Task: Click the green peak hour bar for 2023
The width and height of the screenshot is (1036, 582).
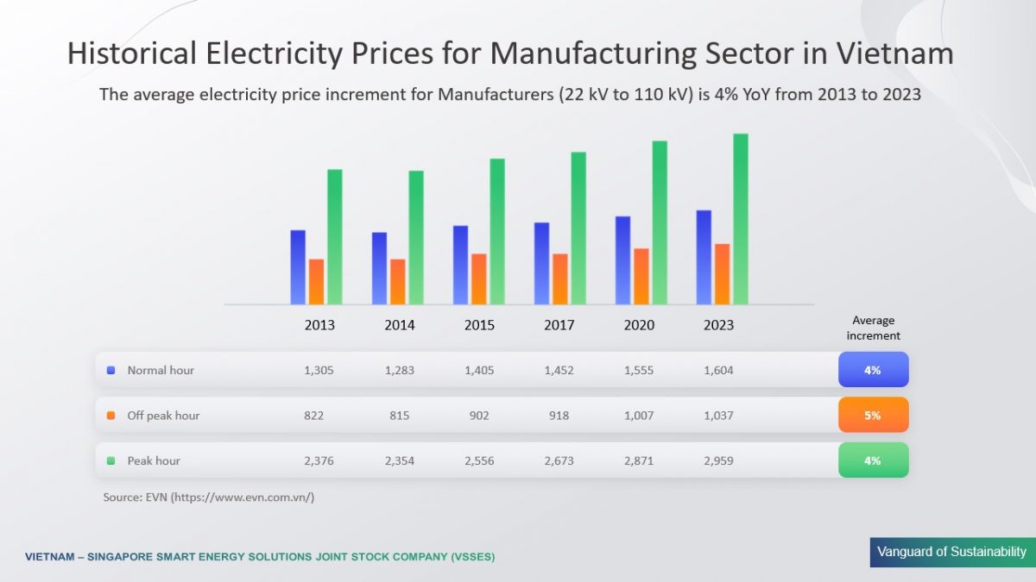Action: pyautogui.click(x=740, y=219)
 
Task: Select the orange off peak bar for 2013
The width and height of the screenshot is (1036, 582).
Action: pyautogui.click(x=317, y=282)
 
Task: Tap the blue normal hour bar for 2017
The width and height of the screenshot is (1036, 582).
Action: pyautogui.click(x=542, y=263)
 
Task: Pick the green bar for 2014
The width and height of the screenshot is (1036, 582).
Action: pyautogui.click(x=416, y=237)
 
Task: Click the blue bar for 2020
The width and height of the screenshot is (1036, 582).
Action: pyautogui.click(x=622, y=260)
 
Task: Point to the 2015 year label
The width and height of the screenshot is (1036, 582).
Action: pyautogui.click(x=479, y=325)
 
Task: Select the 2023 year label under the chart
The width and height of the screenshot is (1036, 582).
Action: pyautogui.click(x=718, y=325)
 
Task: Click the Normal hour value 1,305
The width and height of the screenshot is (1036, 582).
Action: pyautogui.click(x=319, y=370)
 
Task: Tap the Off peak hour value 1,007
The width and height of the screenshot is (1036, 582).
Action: pyautogui.click(x=638, y=415)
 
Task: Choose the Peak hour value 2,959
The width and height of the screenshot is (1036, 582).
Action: pyautogui.click(x=717, y=460)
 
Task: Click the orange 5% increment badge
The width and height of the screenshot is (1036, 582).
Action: pyautogui.click(x=873, y=415)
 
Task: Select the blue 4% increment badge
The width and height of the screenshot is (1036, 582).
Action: pyautogui.click(x=873, y=370)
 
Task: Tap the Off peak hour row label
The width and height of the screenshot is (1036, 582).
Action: pyautogui.click(x=163, y=415)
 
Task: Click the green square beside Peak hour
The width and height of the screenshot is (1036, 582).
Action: pyautogui.click(x=111, y=460)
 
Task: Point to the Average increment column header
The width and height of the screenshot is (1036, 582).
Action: pyautogui.click(x=873, y=328)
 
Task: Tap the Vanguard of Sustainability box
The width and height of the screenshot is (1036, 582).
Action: pyautogui.click(x=951, y=552)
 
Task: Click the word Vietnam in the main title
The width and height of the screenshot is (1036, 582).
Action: pyautogui.click(x=895, y=54)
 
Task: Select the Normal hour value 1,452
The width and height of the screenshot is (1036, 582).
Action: pyautogui.click(x=559, y=370)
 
